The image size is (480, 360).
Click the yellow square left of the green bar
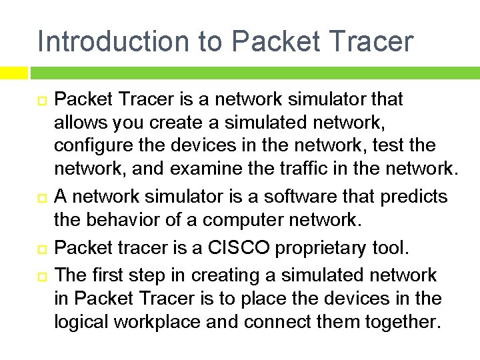(13, 72)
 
